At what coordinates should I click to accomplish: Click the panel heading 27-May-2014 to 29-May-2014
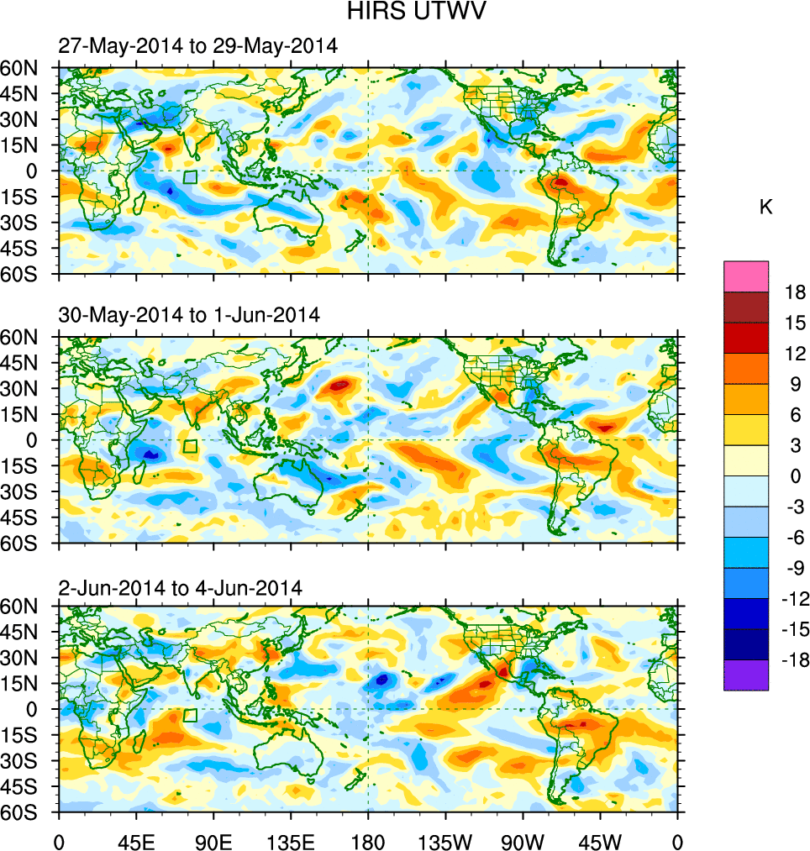pos(197,47)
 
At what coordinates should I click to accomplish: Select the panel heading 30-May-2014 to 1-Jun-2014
pos(189,316)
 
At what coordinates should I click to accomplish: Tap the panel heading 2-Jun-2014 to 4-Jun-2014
pos(180,587)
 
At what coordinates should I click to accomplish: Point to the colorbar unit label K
pos(765,207)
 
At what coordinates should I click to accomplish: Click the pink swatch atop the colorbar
pos(746,276)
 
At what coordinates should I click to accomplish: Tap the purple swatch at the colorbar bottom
pos(746,675)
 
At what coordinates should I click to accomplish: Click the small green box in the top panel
pos(190,177)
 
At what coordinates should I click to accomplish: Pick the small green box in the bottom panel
pos(190,715)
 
